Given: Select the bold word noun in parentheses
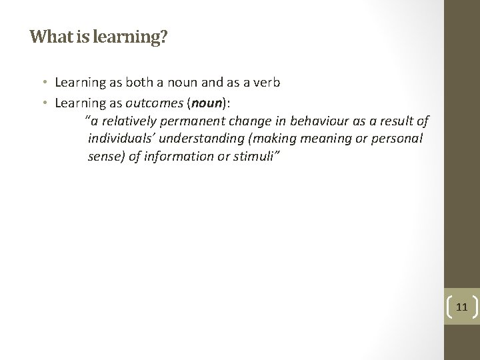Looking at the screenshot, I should (x=207, y=102).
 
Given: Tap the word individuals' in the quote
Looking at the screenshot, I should (x=119, y=139).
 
